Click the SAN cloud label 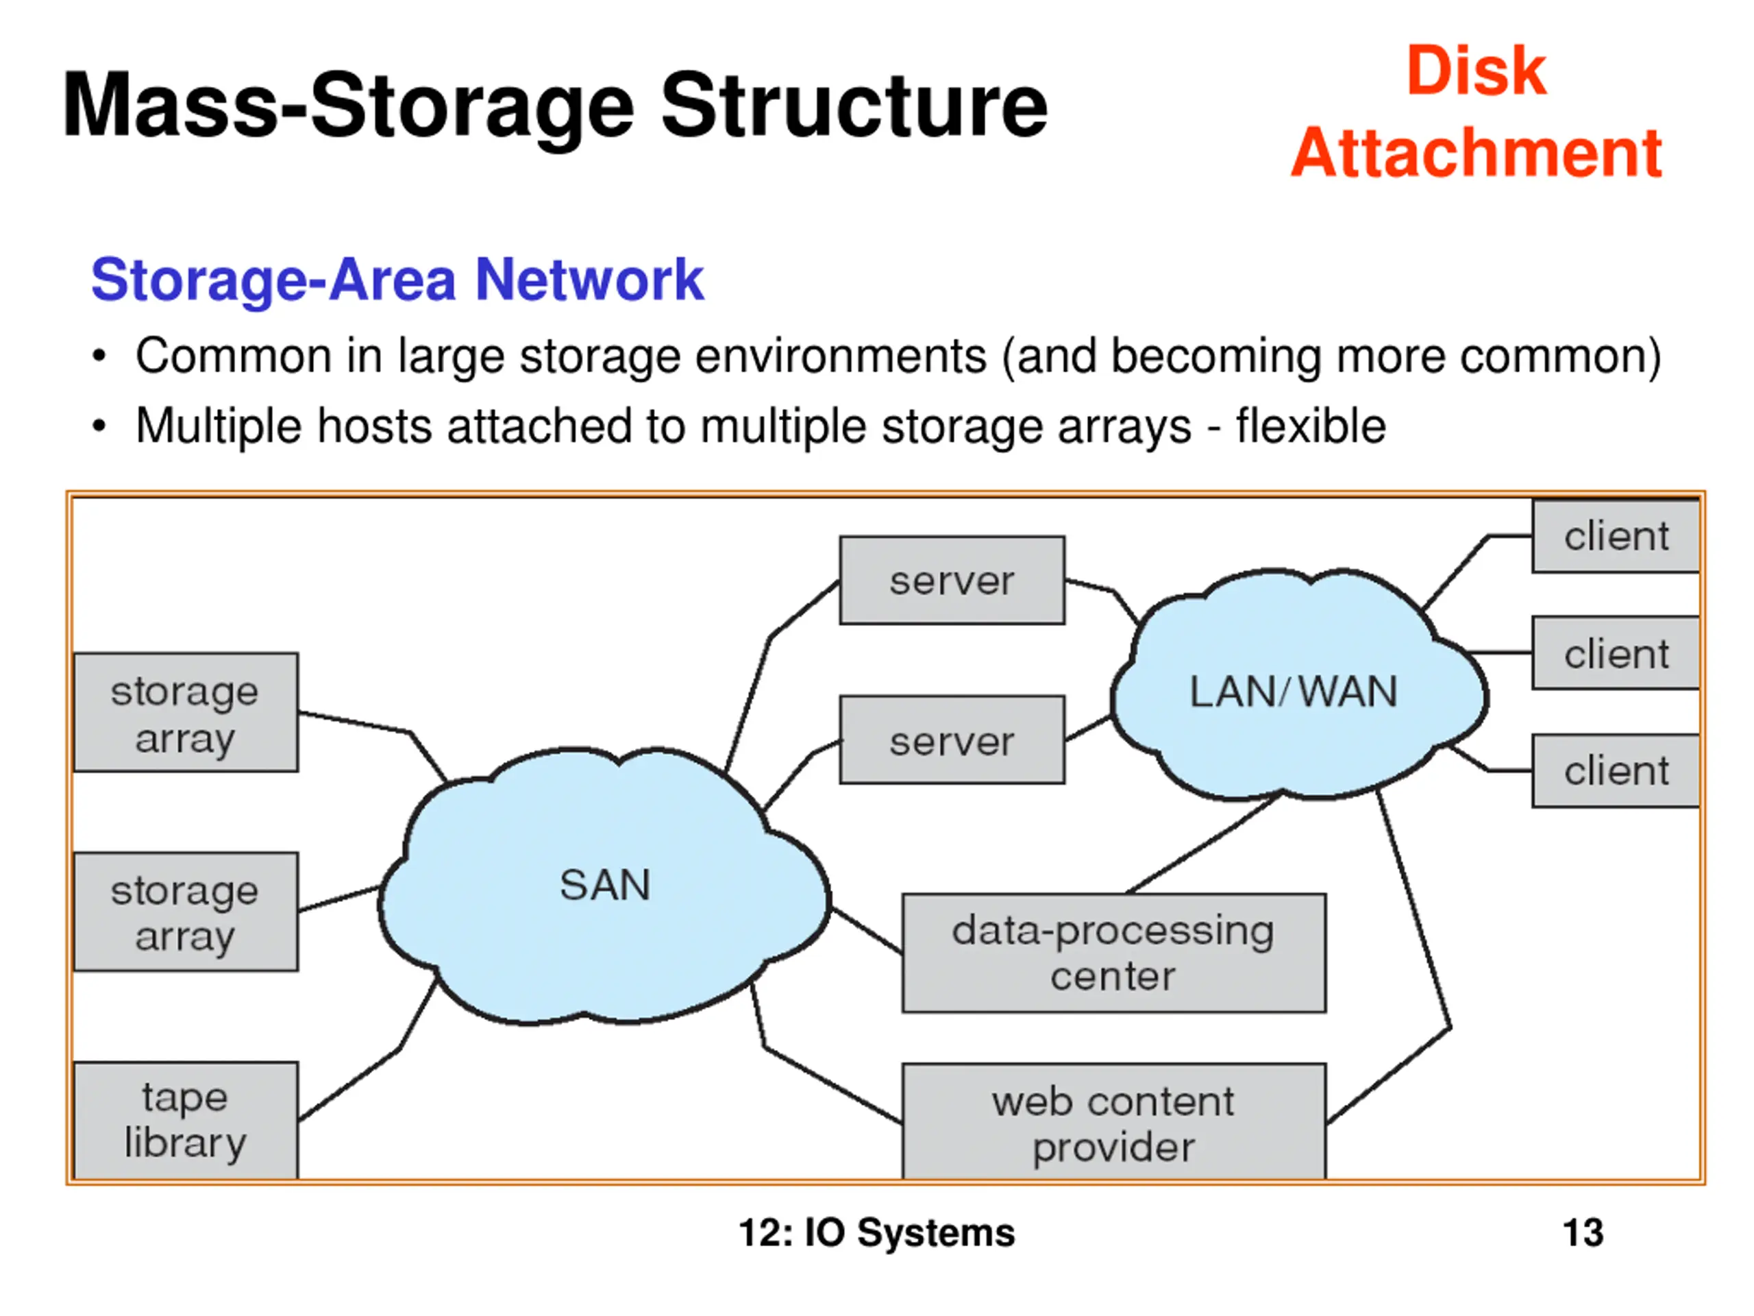[x=605, y=886]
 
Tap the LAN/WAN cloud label [x=1294, y=692]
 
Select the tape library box [x=186, y=1120]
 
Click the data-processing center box [x=1113, y=953]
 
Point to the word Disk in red [x=1476, y=71]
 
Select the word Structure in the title [x=854, y=106]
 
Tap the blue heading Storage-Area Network [x=397, y=280]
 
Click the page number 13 [x=1583, y=1232]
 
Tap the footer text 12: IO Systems [x=876, y=1232]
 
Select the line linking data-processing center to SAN [x=866, y=929]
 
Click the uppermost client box [x=1615, y=536]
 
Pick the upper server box [x=952, y=581]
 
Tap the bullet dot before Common [x=99, y=356]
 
